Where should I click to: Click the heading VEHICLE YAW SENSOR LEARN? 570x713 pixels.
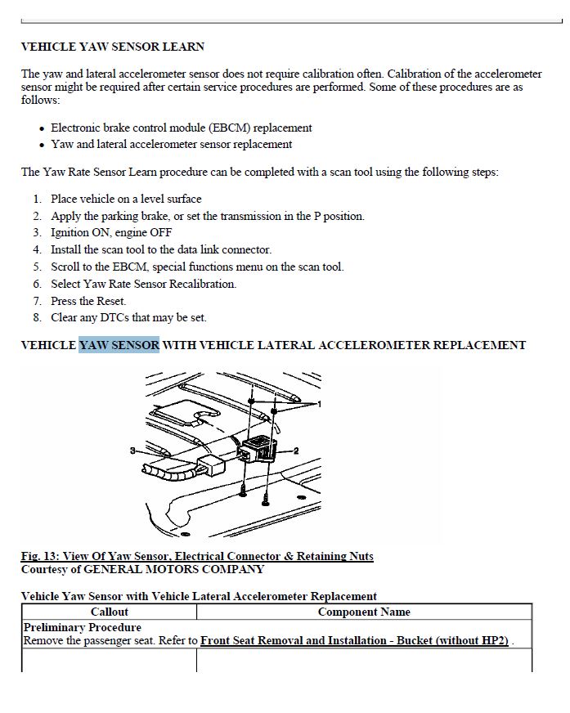tap(113, 47)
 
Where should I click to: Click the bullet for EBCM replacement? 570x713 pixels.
tap(181, 128)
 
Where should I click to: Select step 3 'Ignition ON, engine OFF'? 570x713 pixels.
tap(111, 233)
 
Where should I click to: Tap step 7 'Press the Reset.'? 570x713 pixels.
tap(88, 301)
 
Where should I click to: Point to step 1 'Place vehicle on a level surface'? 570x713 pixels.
tap(126, 200)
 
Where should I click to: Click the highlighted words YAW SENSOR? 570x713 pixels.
tap(119, 345)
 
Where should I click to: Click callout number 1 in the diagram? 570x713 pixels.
tap(319, 404)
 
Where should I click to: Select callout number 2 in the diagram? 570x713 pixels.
tap(296, 451)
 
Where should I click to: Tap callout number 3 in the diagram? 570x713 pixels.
tap(132, 451)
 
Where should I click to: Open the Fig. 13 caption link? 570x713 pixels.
tap(197, 556)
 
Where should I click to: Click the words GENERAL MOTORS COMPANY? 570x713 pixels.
tap(174, 569)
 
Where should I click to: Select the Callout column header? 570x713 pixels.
tap(110, 612)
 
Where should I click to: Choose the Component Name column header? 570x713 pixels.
tap(364, 612)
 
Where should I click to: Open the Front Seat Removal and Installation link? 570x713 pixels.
tap(354, 641)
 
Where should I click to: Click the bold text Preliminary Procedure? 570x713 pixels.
tap(83, 627)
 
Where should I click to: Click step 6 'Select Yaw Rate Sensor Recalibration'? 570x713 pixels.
tap(143, 285)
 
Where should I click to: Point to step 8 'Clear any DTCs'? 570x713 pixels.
tap(128, 318)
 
